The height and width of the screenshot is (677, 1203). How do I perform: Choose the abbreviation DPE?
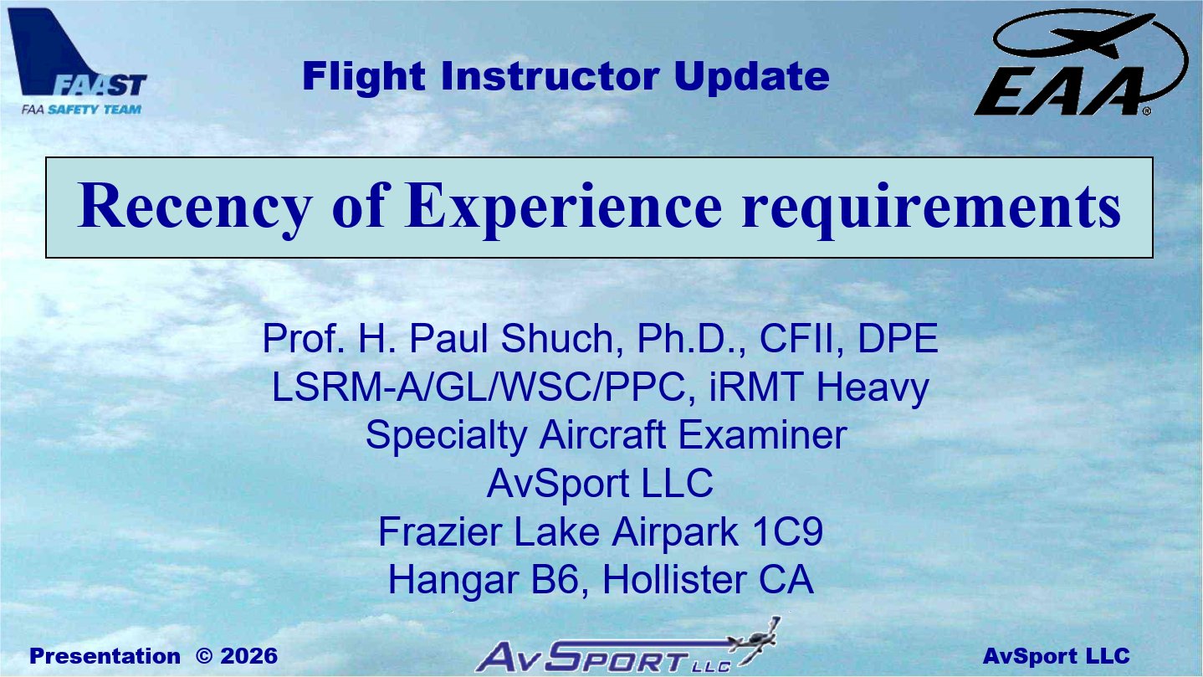(898, 338)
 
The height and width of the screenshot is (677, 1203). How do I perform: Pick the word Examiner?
(763, 434)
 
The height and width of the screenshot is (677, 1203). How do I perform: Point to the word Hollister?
(674, 580)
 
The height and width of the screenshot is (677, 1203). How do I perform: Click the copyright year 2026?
(249, 656)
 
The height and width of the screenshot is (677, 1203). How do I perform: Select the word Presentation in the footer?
(105, 656)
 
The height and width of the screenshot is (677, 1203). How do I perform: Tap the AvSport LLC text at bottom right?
(1056, 656)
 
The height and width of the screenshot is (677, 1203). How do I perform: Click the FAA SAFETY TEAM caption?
(81, 110)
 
